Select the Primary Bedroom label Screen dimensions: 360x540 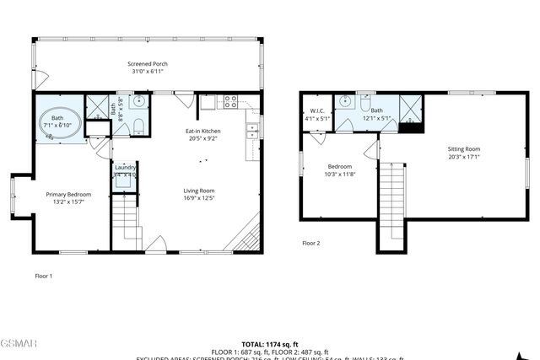[x=67, y=195]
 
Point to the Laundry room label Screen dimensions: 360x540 [x=125, y=167]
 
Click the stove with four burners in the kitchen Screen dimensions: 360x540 [x=229, y=103]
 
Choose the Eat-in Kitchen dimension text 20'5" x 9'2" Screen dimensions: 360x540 [x=202, y=138]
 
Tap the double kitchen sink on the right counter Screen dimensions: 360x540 [x=251, y=131]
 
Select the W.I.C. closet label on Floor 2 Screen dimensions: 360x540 [x=317, y=111]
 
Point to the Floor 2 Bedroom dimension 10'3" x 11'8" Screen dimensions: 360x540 [x=339, y=175]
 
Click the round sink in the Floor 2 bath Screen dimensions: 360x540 [x=344, y=102]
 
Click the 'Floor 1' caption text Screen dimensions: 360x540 [x=43, y=276]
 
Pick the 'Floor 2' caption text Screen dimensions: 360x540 [x=311, y=243]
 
